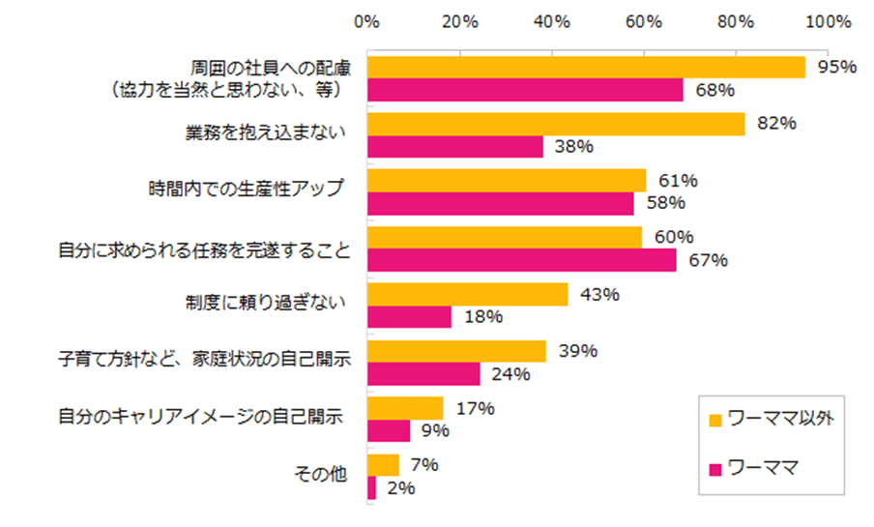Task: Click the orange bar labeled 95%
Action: point(586,68)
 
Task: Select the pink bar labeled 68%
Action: point(525,90)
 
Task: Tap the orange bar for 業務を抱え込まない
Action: point(556,124)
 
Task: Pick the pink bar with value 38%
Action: point(455,146)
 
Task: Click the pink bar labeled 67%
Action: point(522,260)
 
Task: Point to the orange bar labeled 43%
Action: point(467,295)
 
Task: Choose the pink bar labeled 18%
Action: point(409,317)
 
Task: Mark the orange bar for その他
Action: point(383,465)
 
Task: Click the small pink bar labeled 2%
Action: point(372,488)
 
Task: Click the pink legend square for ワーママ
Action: point(716,469)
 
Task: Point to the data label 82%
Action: point(775,124)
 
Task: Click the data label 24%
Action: point(510,374)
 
